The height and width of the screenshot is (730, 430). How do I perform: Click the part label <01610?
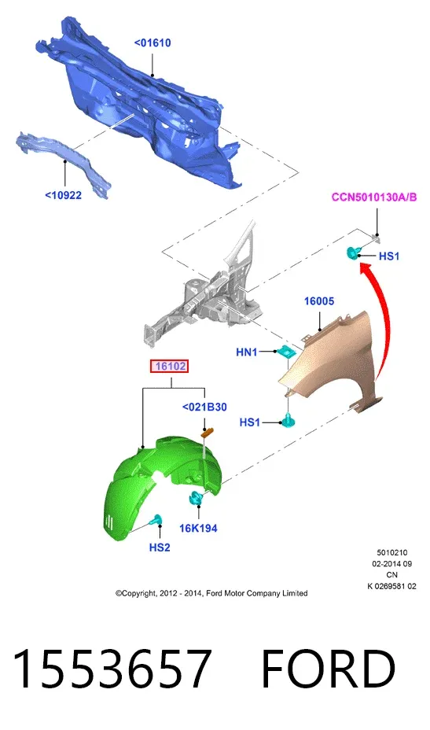153,42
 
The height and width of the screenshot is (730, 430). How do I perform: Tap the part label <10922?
64,195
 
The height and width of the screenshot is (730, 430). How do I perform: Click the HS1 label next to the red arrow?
389,256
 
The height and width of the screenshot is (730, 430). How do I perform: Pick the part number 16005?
319,301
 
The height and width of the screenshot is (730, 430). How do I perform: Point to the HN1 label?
247,352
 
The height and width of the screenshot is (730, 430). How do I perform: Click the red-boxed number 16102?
171,367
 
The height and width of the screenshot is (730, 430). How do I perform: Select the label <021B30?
204,407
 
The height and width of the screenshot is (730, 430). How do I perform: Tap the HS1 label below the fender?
250,422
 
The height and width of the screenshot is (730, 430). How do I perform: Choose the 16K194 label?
198,529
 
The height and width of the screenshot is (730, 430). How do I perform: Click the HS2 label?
160,547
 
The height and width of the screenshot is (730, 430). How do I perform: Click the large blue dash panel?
140,102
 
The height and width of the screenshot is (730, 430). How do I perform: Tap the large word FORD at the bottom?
329,669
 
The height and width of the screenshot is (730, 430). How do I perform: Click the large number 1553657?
112,669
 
